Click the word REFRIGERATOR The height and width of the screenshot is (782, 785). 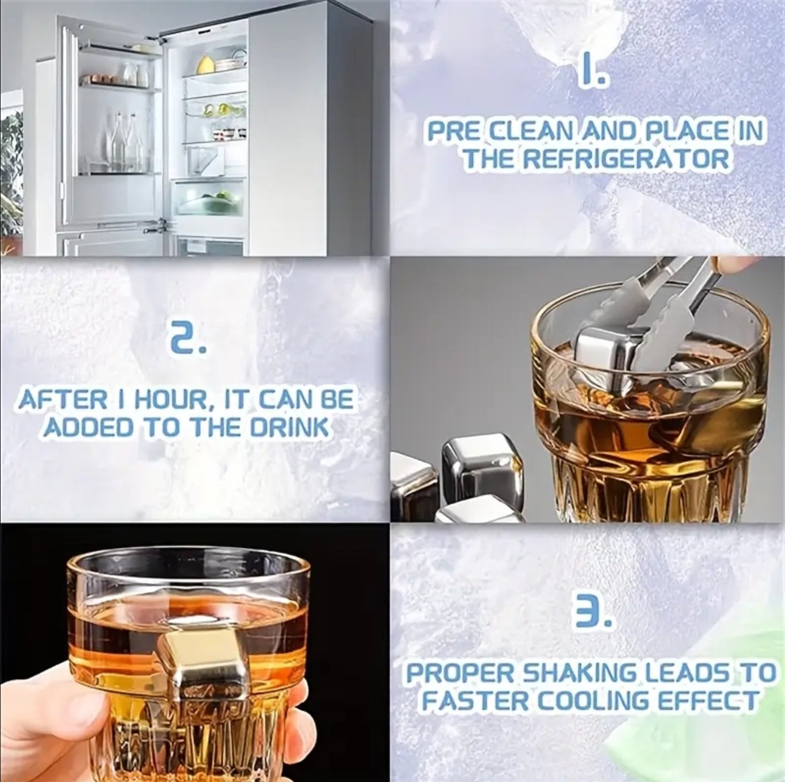pyautogui.click(x=625, y=159)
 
